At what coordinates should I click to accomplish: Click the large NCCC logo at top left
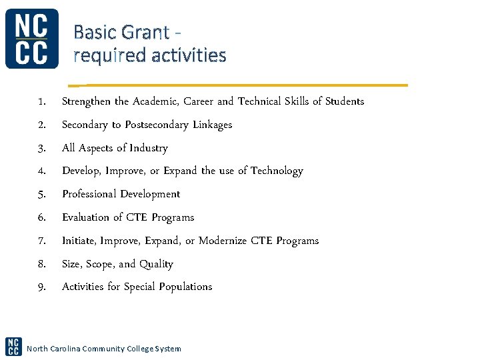31,39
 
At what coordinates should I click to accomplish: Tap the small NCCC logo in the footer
13,346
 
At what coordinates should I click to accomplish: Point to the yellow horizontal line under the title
240,85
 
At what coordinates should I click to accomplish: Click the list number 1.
41,102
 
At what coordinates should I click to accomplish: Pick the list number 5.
41,195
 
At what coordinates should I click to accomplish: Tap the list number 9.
41,287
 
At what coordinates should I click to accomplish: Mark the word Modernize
223,241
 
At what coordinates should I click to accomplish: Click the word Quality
156,265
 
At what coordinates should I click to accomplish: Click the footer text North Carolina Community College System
103,349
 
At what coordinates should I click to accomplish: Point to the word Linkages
212,125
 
